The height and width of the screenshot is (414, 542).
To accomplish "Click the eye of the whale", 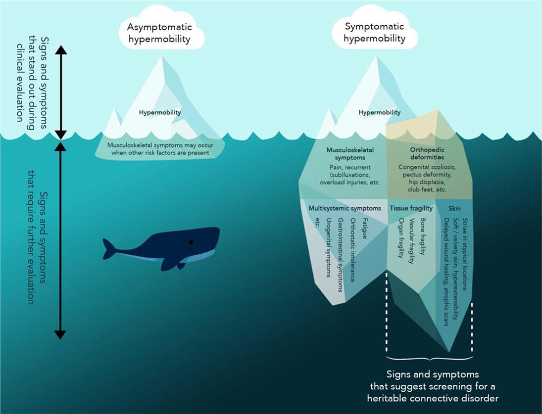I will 191,242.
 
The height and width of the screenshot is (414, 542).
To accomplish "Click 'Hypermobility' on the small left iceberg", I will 160,112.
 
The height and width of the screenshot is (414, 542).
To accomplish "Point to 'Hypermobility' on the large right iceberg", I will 380,112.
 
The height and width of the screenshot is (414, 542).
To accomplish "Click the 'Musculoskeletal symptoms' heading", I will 350,153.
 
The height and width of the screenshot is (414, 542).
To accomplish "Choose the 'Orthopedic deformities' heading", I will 428,153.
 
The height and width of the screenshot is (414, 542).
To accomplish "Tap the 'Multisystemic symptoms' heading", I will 345,208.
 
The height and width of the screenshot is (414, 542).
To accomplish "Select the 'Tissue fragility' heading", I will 411,208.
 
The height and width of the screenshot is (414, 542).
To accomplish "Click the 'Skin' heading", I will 454,208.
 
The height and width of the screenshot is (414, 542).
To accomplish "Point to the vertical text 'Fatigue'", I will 365,229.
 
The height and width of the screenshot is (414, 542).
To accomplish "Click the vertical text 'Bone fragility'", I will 423,236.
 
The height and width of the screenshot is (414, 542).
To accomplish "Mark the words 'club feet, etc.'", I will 427,189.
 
